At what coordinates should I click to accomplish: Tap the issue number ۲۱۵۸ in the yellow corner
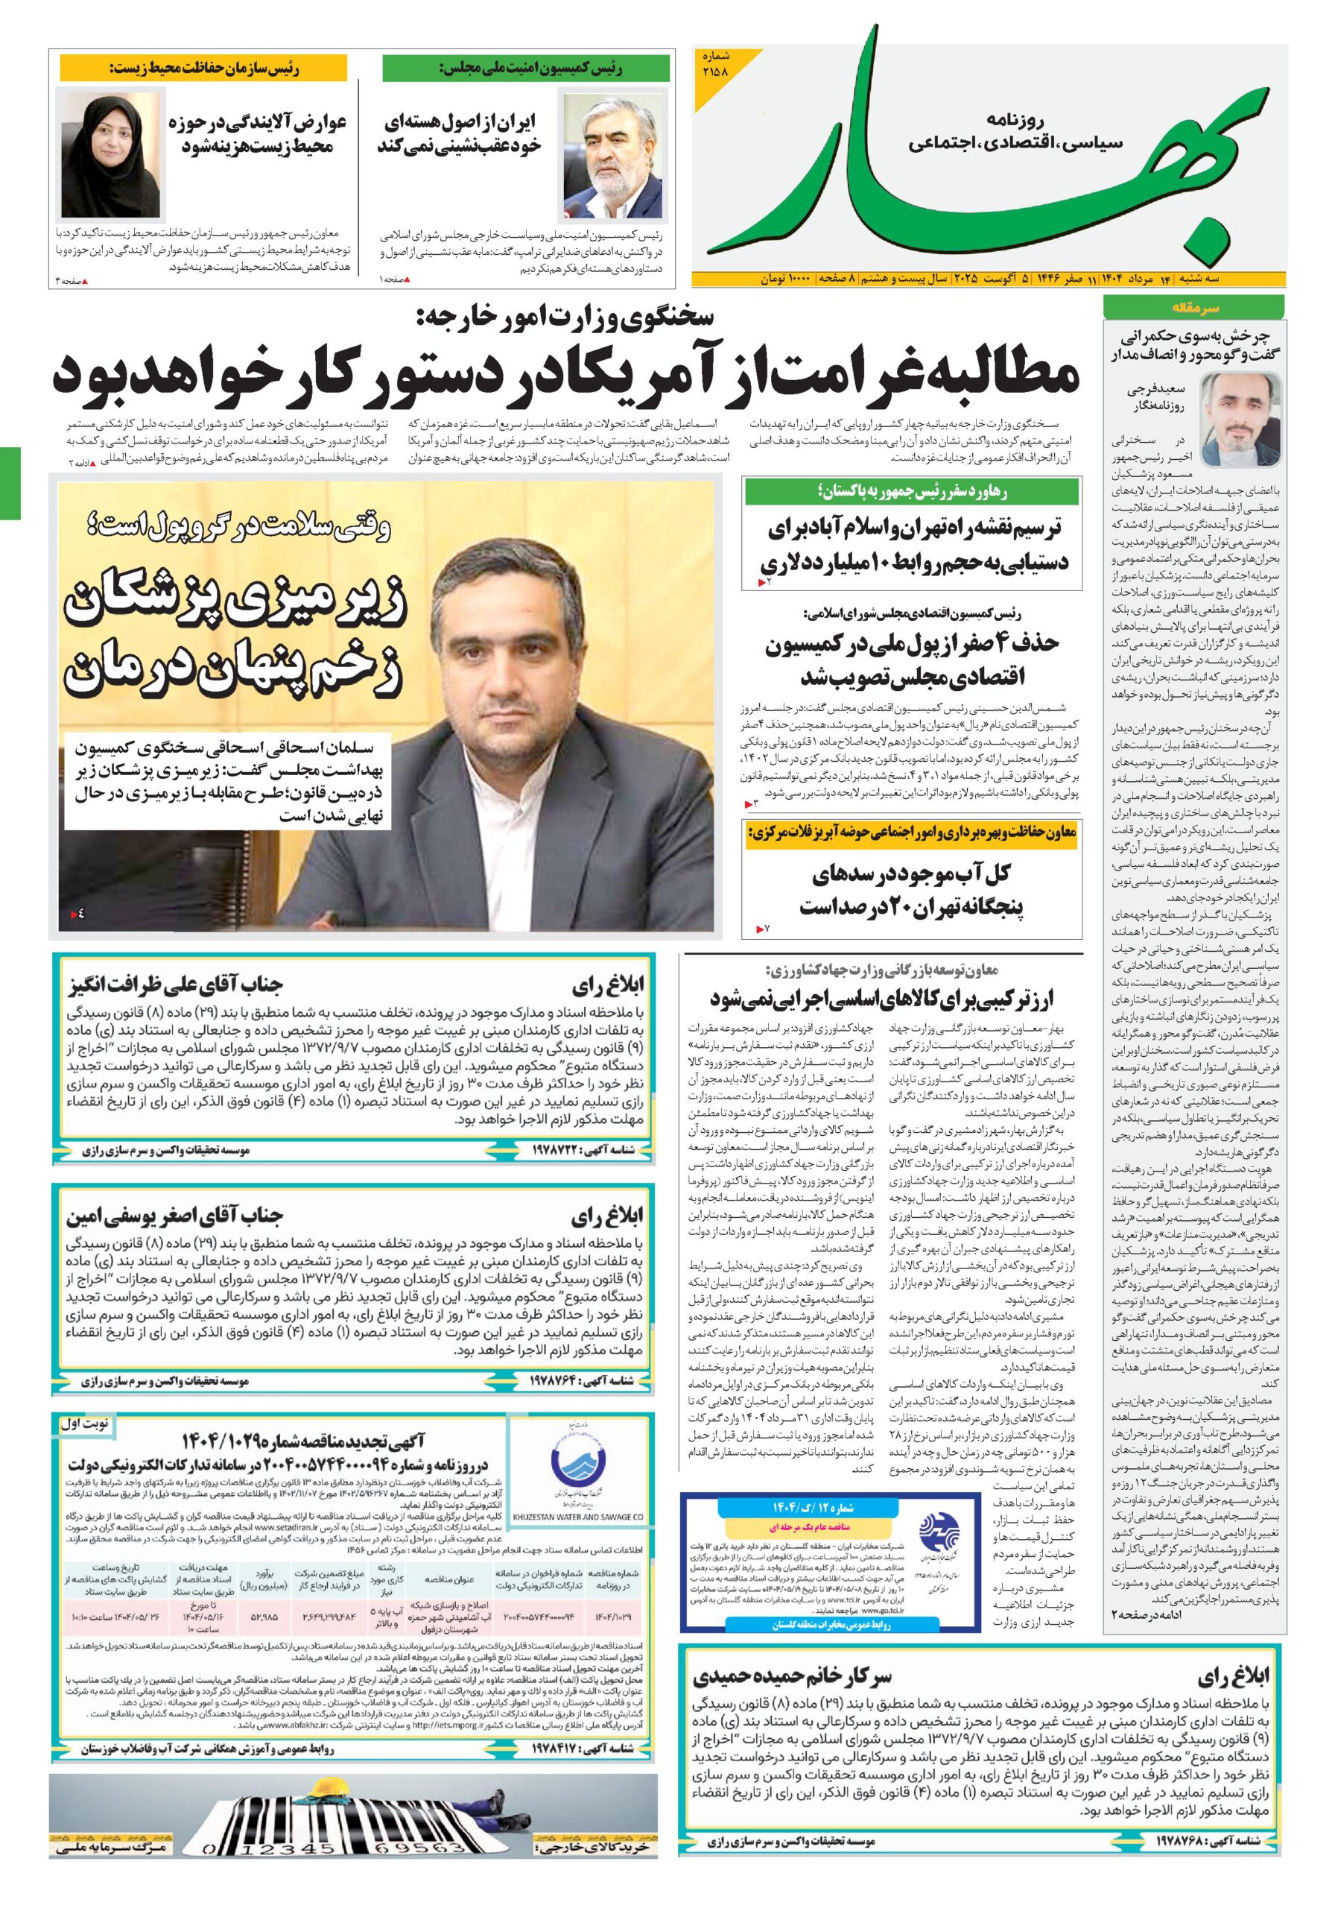[x=714, y=72]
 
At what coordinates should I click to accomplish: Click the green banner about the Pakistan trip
[x=911, y=492]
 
